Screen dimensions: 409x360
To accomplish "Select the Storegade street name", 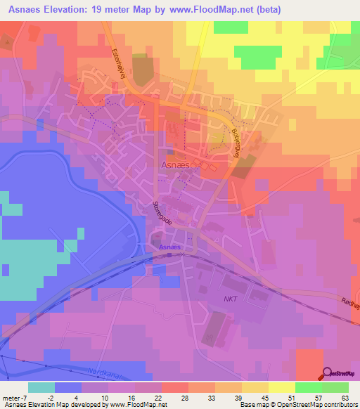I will tap(160, 214).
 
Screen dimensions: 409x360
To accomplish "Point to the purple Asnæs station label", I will tap(169, 247).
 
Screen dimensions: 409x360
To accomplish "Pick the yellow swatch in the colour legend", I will tap(281, 387).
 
